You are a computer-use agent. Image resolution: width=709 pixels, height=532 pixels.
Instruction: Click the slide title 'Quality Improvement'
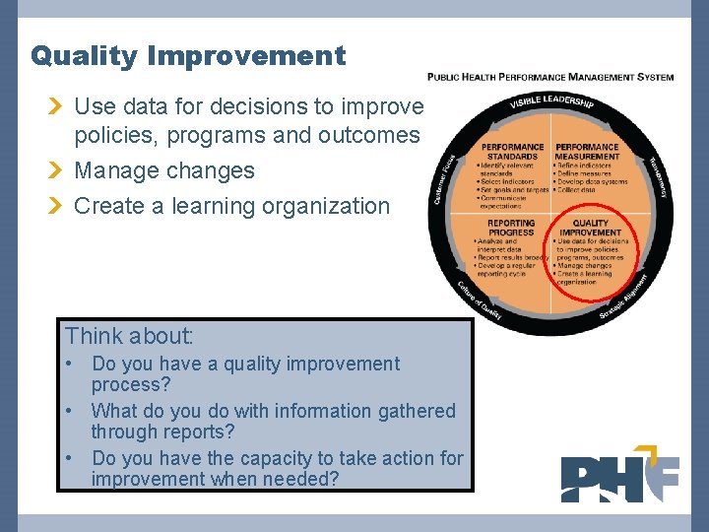coord(188,56)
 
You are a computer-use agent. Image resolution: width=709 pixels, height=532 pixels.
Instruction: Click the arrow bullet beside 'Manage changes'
coord(57,171)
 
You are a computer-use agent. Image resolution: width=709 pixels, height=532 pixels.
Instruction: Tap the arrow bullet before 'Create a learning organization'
coord(57,207)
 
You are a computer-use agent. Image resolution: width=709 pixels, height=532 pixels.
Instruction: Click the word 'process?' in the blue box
coord(131,384)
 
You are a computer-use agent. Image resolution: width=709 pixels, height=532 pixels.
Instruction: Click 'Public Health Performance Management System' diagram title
coord(550,77)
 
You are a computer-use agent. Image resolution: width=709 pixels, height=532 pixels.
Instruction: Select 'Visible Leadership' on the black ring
coord(551,100)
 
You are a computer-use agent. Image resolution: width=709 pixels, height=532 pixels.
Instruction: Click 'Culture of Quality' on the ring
coord(480,301)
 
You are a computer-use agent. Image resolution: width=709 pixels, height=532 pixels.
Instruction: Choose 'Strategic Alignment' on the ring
coord(624,298)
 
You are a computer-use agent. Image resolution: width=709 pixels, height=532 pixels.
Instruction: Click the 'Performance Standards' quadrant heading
coord(512,151)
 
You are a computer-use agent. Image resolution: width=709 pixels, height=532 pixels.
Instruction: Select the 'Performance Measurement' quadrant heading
coord(587,151)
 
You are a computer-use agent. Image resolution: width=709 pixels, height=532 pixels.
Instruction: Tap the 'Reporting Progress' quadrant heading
coord(511,228)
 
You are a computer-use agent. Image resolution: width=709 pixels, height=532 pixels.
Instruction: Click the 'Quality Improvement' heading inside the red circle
coord(591,228)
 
